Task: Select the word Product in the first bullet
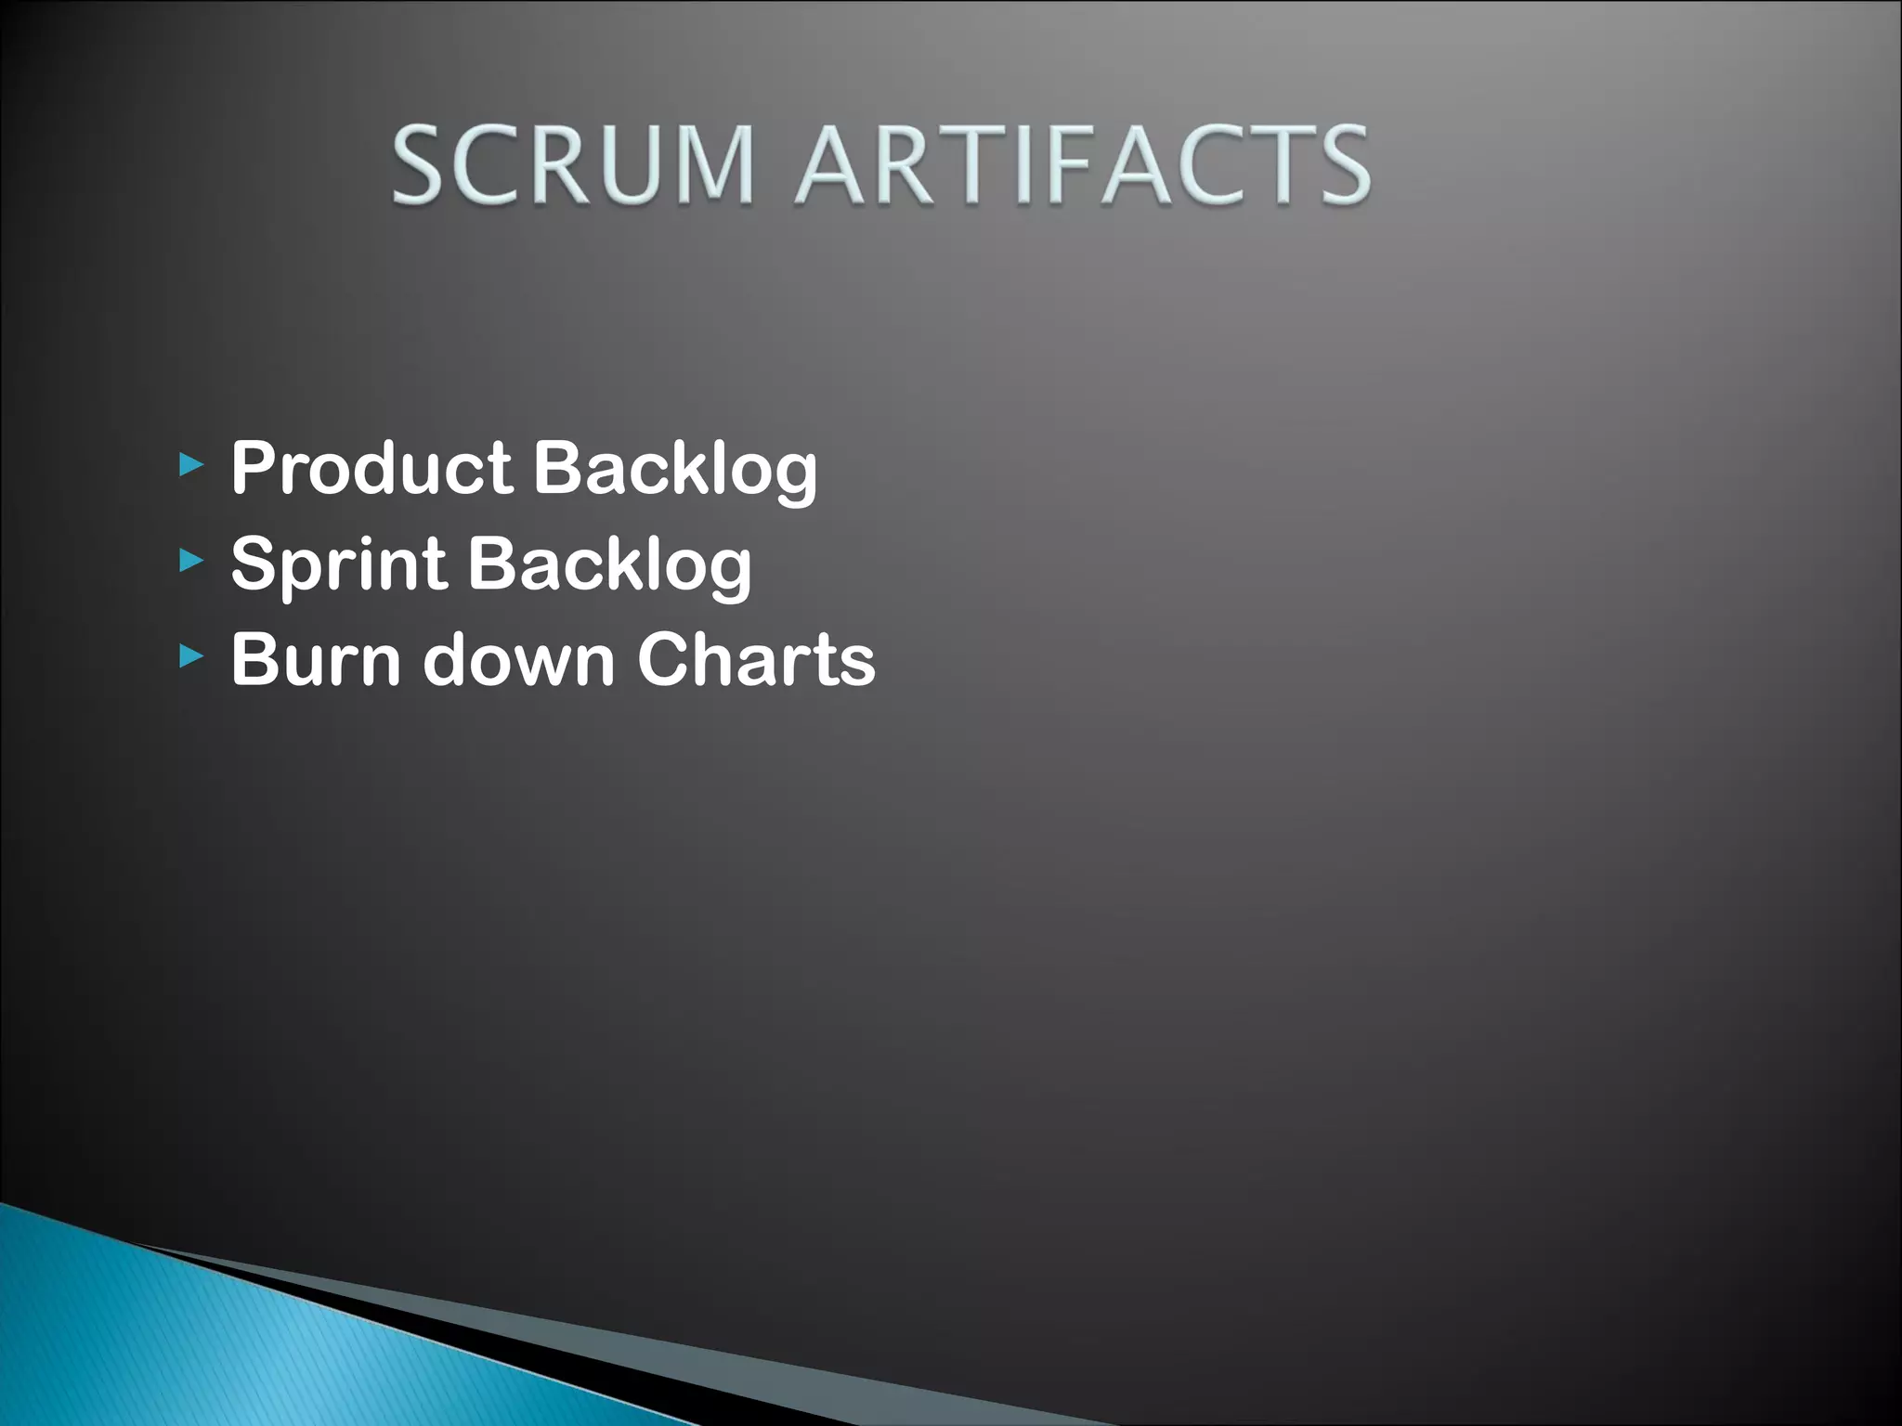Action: tap(371, 468)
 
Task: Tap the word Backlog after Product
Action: tap(675, 470)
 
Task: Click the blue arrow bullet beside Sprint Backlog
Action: tap(190, 559)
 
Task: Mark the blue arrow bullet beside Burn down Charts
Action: tap(190, 656)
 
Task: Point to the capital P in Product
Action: tap(254, 468)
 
